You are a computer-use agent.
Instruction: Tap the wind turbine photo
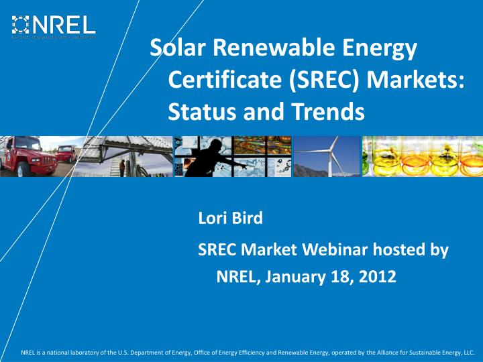tap(326, 156)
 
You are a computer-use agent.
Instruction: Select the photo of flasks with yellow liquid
tap(422, 156)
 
